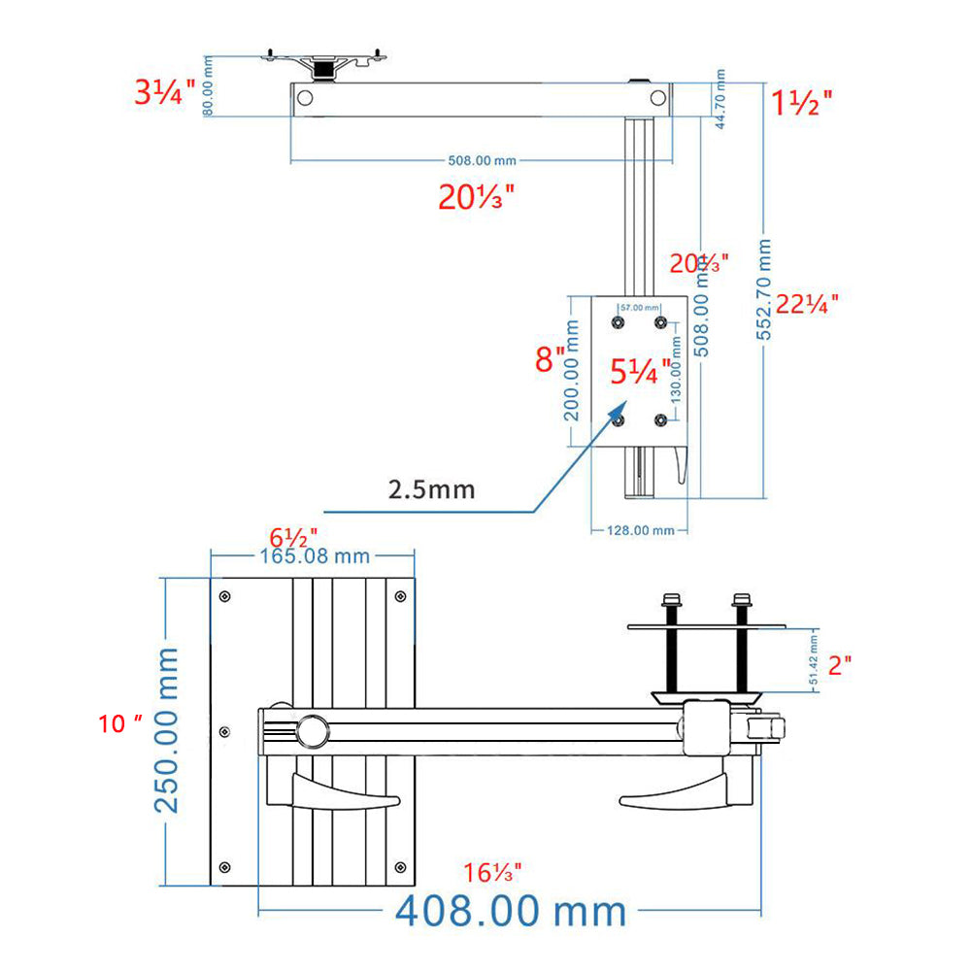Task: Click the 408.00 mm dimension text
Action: [x=511, y=912]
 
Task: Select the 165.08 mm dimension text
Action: [x=314, y=556]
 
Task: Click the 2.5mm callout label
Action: [x=431, y=488]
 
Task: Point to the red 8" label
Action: [x=550, y=360]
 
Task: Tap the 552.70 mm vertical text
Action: [x=765, y=289]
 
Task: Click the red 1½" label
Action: [x=801, y=102]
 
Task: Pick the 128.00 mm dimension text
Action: [x=641, y=530]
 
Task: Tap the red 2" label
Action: [x=841, y=664]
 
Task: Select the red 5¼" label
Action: [x=640, y=371]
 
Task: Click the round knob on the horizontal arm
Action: [x=313, y=729]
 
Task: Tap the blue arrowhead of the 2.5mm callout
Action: [x=616, y=414]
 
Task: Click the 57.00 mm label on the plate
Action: [x=639, y=307]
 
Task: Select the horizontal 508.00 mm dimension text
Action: [x=482, y=160]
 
